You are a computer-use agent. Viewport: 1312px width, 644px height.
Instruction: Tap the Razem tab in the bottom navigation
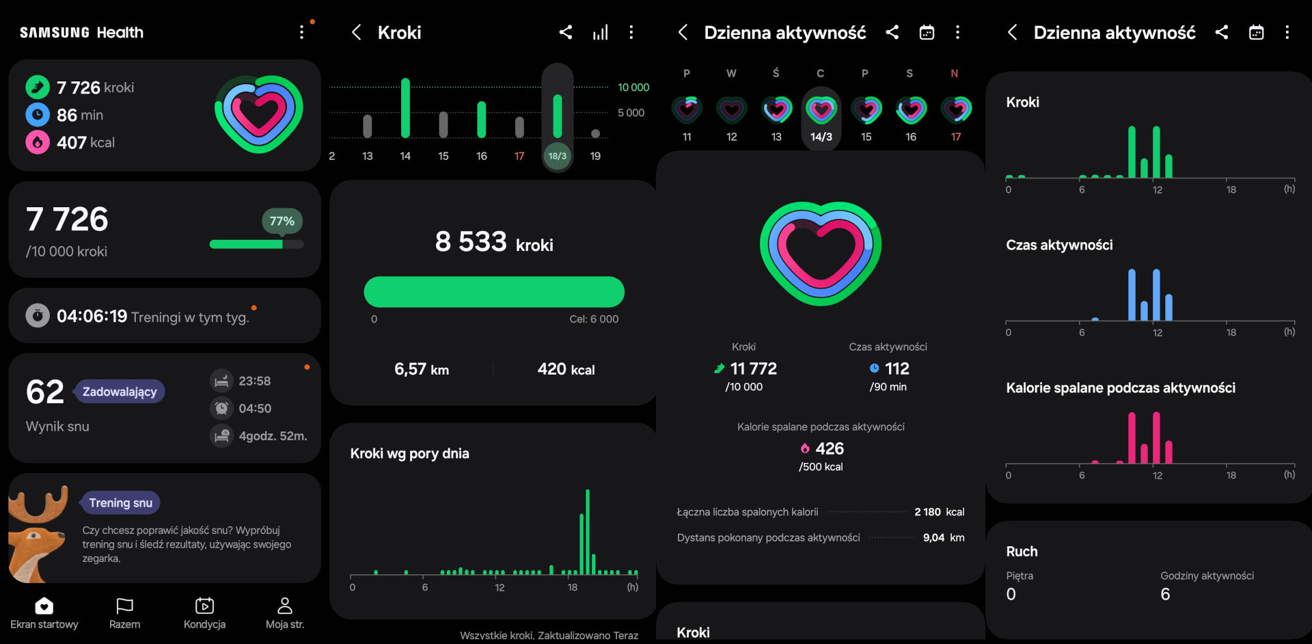coord(124,613)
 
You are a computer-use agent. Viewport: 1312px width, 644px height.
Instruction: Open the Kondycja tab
coord(204,613)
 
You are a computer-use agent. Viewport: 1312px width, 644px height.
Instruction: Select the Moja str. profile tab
coord(285,613)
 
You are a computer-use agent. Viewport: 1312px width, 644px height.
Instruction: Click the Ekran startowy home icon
coord(44,606)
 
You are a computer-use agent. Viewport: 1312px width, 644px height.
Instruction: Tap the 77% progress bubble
coord(282,221)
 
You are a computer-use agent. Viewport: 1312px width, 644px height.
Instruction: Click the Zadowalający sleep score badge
coord(120,392)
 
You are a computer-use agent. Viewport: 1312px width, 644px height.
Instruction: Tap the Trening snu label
coord(120,503)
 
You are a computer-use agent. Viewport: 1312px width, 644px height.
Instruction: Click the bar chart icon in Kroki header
coord(600,32)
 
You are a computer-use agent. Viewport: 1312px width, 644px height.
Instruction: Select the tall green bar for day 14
coord(405,108)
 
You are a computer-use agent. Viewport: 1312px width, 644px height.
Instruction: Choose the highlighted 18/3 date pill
coord(558,156)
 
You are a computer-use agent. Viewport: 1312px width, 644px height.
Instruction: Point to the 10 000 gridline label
coord(633,88)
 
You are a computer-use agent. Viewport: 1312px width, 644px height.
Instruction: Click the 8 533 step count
coord(471,242)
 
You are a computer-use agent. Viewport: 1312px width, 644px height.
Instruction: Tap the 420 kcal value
coord(566,369)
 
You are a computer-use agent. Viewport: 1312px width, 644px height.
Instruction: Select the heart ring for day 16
coord(911,109)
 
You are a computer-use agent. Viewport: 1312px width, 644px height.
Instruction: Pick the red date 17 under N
coord(955,137)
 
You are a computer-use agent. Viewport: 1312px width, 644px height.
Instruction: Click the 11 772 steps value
coord(753,369)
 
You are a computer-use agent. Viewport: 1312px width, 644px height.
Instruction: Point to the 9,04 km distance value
coord(943,537)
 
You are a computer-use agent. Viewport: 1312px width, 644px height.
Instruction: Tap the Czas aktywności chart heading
coord(1059,245)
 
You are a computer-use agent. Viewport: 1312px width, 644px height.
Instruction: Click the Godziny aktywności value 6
coord(1165,594)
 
